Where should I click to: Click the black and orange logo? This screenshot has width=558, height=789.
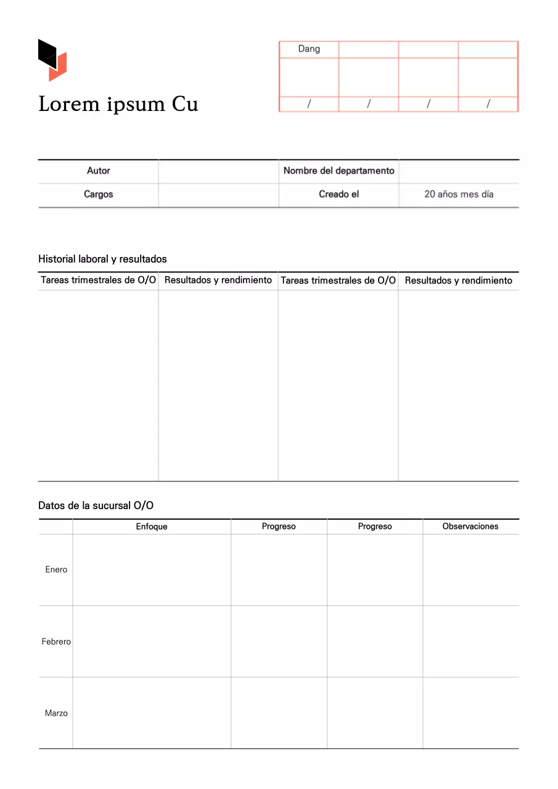(x=52, y=60)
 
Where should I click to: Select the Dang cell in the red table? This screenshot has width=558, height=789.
(x=309, y=49)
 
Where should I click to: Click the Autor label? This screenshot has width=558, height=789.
(x=99, y=171)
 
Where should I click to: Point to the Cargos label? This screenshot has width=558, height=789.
(x=99, y=194)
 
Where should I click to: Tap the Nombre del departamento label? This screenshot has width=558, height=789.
(x=338, y=171)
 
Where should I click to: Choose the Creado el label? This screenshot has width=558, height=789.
(x=338, y=194)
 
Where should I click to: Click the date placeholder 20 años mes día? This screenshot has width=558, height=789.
(x=459, y=194)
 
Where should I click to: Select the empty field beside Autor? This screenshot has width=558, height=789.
(x=218, y=171)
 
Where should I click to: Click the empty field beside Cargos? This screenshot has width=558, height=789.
(x=218, y=194)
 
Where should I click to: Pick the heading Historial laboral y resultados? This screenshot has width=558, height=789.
(x=102, y=259)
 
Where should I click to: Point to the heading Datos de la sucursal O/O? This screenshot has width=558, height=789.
(x=96, y=505)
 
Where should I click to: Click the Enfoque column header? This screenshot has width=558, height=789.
(x=152, y=526)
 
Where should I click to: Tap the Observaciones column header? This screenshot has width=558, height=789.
(x=470, y=526)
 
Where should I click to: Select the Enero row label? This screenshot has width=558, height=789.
(x=56, y=570)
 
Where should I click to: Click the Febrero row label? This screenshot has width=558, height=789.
(x=56, y=642)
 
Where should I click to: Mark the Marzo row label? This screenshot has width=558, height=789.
(x=56, y=713)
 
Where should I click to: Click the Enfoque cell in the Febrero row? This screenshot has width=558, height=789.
(x=152, y=642)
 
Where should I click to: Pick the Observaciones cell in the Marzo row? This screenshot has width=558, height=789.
(x=470, y=713)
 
